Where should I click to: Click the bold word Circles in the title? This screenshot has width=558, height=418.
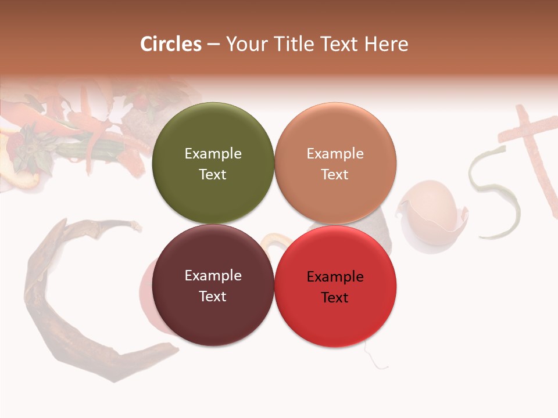point(170,44)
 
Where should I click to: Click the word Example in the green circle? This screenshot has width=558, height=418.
point(213,154)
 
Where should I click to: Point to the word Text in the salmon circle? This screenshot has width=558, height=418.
point(335,174)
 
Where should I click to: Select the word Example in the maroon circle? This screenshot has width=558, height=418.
point(213,276)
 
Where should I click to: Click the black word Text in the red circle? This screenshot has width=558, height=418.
point(335,297)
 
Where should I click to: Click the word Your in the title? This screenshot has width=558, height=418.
point(245,44)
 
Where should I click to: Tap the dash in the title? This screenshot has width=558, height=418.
point(213,45)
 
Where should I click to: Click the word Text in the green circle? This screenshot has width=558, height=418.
point(213,174)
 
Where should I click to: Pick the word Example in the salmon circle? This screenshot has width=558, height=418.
point(335,154)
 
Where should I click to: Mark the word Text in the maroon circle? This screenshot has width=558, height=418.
point(213,296)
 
